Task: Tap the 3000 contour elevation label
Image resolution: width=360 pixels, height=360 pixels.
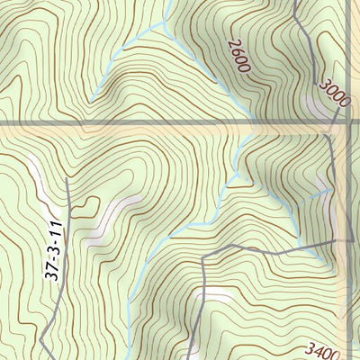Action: [332, 93]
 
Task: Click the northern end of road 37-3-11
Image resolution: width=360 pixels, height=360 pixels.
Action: [67, 179]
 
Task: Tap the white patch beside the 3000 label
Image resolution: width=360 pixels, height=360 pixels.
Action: [314, 105]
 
